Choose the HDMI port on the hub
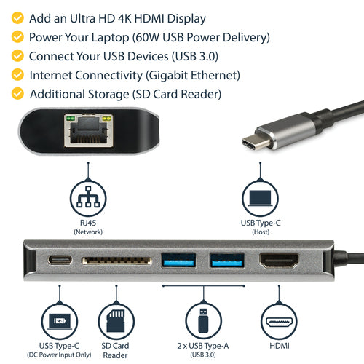[x=280, y=260]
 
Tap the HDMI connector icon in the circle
[x=280, y=320]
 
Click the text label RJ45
[x=87, y=223]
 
